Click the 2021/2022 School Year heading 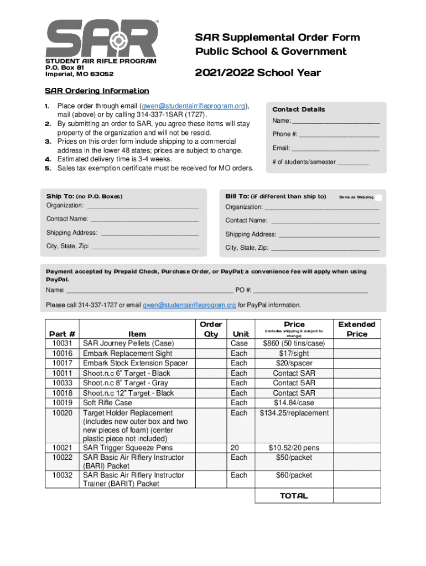point(257,73)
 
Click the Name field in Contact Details point(336,121)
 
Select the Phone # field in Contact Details point(339,134)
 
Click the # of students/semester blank point(353,163)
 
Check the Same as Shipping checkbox point(378,197)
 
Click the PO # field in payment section point(310,290)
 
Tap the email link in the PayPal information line point(189,305)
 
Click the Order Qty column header point(211,329)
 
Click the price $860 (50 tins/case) point(294,343)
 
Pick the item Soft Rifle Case point(107,403)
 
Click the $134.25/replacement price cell point(294,413)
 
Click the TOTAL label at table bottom point(294,496)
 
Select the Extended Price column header point(356,329)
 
